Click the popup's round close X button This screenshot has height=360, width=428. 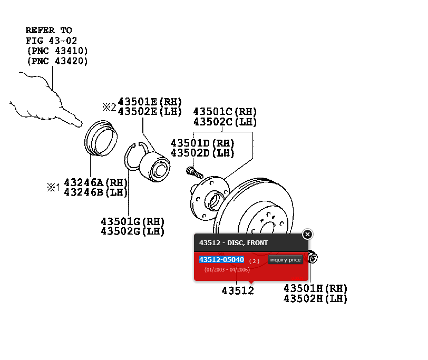point(307,235)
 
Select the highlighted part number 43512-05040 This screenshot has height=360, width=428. point(221,260)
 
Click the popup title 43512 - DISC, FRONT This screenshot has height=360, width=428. point(234,243)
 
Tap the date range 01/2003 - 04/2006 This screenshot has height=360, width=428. point(227,270)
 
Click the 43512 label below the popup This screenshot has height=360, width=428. point(238,291)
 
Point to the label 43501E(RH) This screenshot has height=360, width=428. point(150,101)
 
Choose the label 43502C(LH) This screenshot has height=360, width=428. point(225,122)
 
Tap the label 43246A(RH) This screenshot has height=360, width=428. point(96,182)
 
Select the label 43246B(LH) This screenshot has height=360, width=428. point(96,192)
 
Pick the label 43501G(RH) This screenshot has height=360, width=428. point(133,221)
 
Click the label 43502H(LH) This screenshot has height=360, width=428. point(316,299)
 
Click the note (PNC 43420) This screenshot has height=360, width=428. point(57,61)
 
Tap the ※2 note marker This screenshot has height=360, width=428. point(109,107)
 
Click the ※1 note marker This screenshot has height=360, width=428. point(53,187)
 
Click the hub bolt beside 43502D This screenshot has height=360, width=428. point(194,171)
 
